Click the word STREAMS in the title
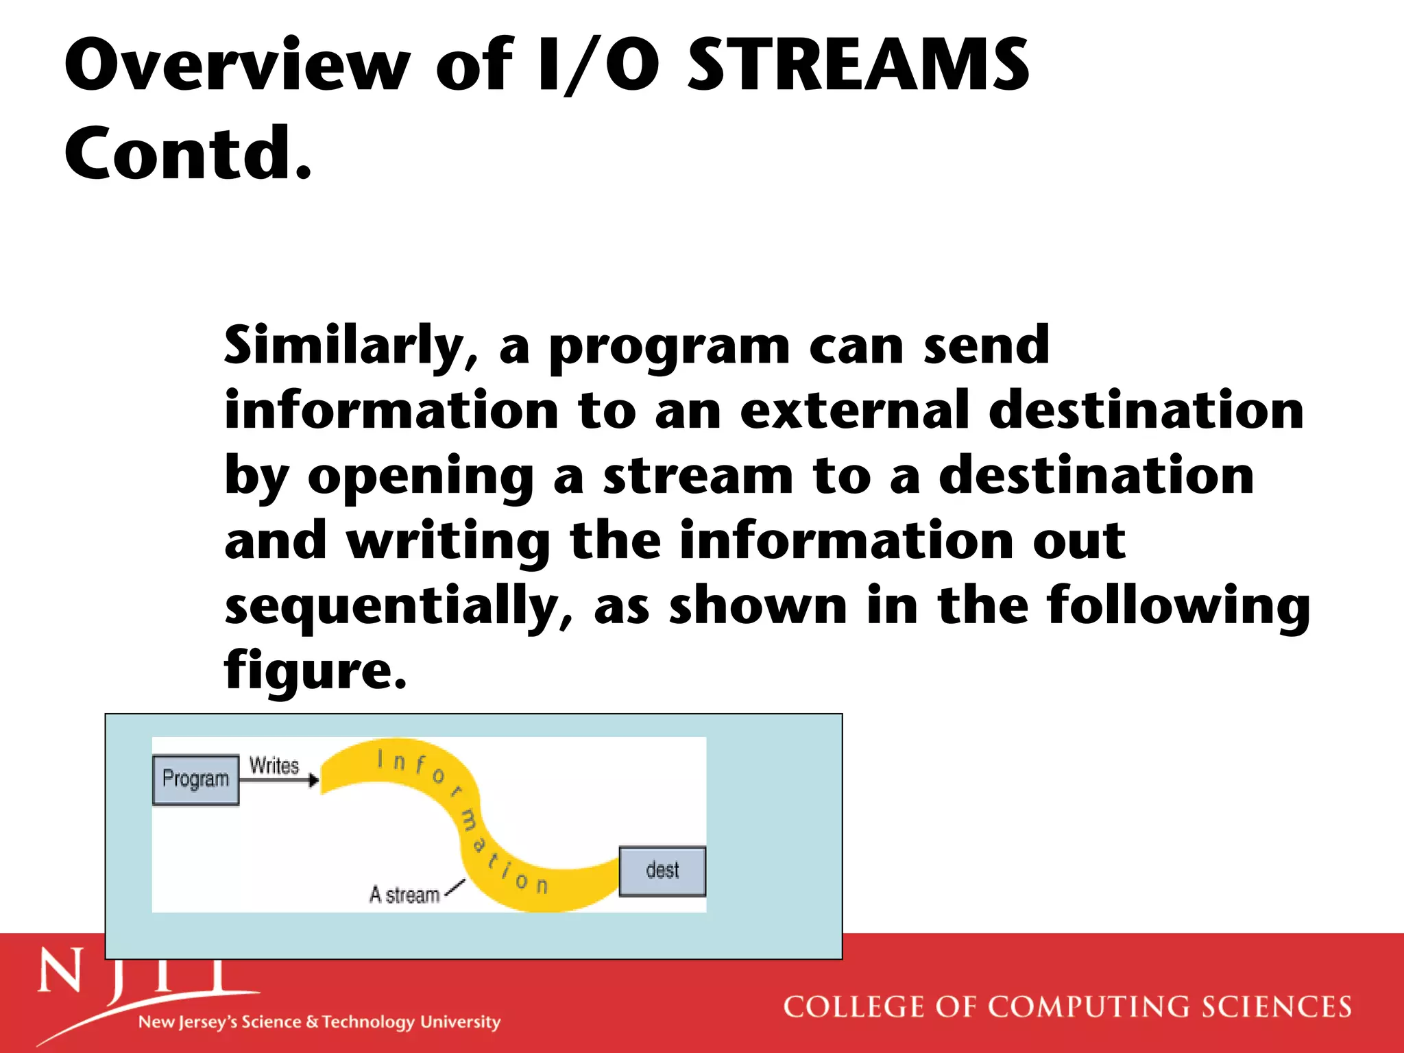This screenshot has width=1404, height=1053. pyautogui.click(x=858, y=64)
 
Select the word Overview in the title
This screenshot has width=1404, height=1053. pyautogui.click(x=237, y=64)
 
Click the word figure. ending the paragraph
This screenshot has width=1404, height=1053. pyautogui.click(x=315, y=670)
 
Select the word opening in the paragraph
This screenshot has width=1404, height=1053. pyautogui.click(x=420, y=477)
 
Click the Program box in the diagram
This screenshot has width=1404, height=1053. pyautogui.click(x=195, y=779)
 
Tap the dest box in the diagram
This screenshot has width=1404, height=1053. pyautogui.click(x=662, y=871)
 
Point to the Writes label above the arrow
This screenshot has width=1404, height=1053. pyautogui.click(x=274, y=766)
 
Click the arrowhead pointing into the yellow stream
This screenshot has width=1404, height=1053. pyautogui.click(x=314, y=780)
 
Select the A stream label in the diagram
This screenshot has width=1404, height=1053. pyautogui.click(x=404, y=895)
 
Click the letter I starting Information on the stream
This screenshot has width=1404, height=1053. pyautogui.click(x=380, y=759)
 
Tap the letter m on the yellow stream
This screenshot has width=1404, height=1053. pyautogui.click(x=470, y=821)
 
